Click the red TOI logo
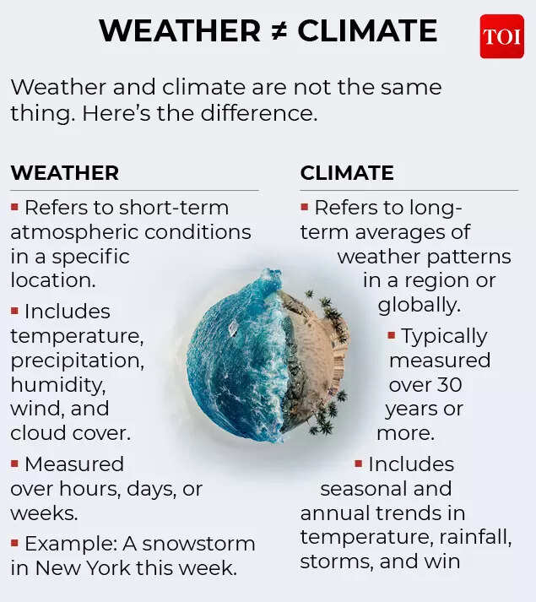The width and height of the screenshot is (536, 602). click(501, 36)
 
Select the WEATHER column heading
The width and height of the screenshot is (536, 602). click(64, 173)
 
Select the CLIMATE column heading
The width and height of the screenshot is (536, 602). click(347, 173)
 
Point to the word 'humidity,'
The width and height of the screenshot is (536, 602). click(58, 384)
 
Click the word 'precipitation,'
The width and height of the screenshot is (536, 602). click(77, 360)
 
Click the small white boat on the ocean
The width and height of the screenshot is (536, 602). click(233, 327)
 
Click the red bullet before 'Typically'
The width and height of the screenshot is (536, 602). click(392, 335)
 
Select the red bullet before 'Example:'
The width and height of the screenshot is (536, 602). click(14, 542)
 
